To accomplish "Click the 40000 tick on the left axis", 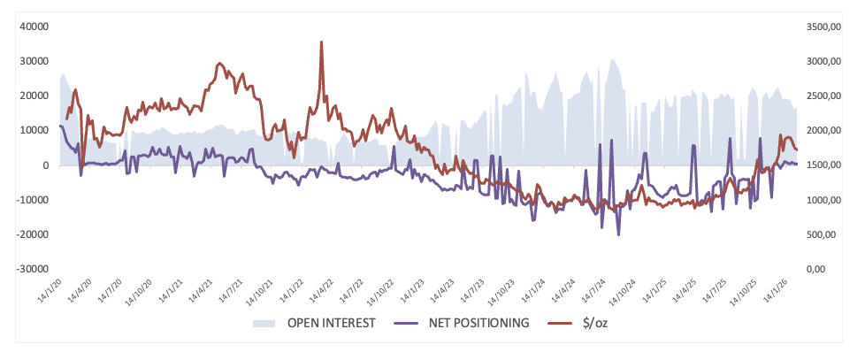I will (x=34, y=27).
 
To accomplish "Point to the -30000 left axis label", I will (x=32, y=269).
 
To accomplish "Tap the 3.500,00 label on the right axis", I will (x=822, y=27).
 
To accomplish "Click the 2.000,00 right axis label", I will (x=822, y=131).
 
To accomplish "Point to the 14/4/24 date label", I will (x=565, y=287).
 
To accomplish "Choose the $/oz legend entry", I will (x=594, y=323).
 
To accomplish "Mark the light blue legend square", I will (x=264, y=323).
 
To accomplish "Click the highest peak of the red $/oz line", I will (x=321, y=42).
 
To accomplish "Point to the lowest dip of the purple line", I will (x=618, y=234).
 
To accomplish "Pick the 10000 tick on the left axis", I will (x=34, y=131).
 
